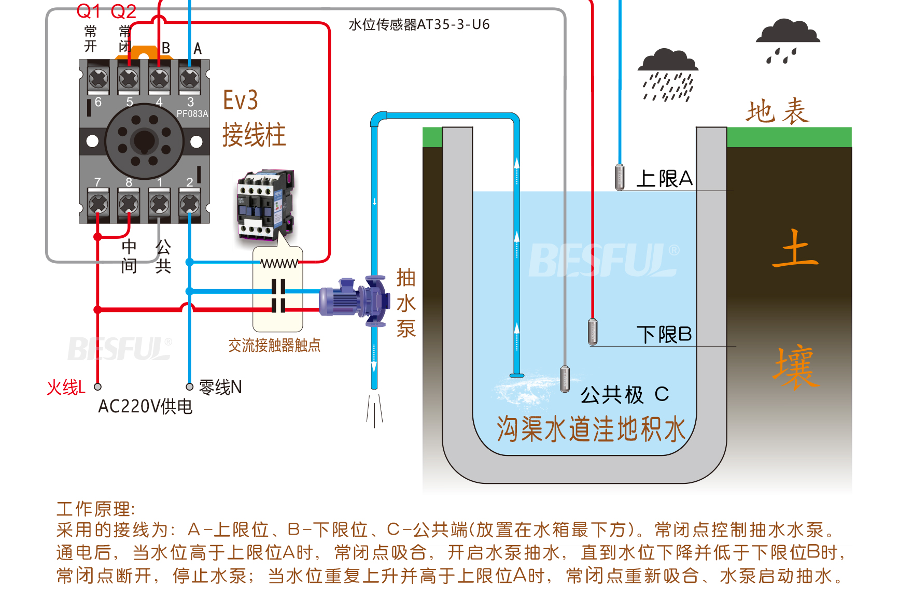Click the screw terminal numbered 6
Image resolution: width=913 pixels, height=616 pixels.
(x=99, y=79)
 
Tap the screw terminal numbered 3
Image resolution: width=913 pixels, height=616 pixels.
(x=190, y=79)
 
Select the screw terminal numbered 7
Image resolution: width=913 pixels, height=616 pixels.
(x=99, y=204)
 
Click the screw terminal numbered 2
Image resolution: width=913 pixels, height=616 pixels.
(x=190, y=204)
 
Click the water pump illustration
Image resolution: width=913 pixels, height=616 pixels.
(x=355, y=301)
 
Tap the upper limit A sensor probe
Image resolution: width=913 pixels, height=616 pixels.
(x=620, y=177)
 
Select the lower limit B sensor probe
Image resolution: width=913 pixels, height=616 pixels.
(x=593, y=332)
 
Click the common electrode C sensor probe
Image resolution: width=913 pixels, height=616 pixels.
(x=565, y=379)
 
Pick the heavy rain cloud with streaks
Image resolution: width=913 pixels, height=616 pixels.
(x=668, y=75)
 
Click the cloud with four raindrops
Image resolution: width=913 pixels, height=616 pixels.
(x=787, y=40)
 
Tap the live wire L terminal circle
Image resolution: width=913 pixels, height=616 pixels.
(x=97, y=386)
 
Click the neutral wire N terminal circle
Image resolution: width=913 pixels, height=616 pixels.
(x=190, y=386)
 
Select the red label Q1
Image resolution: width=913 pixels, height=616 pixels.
(x=89, y=11)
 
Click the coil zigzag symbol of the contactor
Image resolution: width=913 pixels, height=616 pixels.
(x=279, y=264)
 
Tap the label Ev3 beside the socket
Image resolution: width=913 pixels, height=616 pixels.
(x=240, y=101)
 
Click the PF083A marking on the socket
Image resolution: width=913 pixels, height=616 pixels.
(x=192, y=114)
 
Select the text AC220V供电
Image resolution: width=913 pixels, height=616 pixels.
(x=145, y=407)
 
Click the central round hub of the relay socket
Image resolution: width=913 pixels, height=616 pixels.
(x=144, y=140)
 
